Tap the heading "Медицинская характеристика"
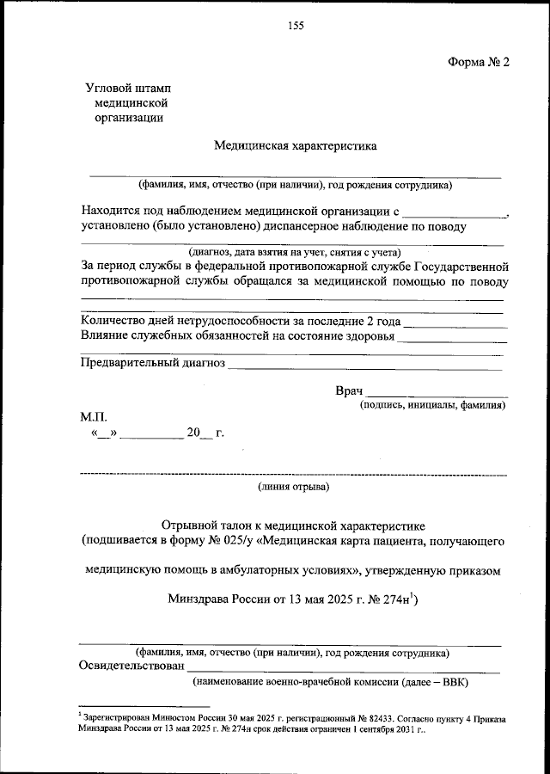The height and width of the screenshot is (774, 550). [x=295, y=146]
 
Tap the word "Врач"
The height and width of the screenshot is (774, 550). [x=350, y=391]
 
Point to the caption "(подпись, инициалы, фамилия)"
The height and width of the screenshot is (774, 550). [x=433, y=405]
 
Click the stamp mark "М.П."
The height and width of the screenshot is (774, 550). [x=94, y=416]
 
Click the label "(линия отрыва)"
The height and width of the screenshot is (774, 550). [x=293, y=488]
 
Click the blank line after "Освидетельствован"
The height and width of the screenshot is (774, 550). [x=344, y=670]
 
